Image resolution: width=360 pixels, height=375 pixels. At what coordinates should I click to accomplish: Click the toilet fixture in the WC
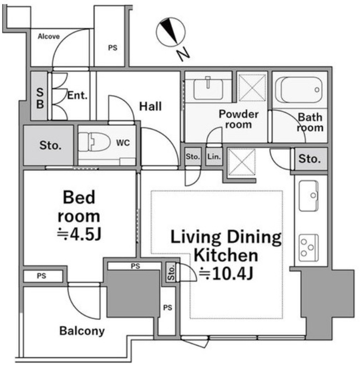click(x=95, y=142)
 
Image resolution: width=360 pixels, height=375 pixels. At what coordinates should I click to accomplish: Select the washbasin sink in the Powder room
click(x=208, y=89)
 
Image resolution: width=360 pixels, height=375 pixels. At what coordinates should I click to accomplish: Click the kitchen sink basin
click(x=309, y=196)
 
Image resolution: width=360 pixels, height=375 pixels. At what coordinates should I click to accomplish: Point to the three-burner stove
click(x=309, y=248)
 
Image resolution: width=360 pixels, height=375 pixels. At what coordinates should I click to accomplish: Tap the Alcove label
click(x=49, y=37)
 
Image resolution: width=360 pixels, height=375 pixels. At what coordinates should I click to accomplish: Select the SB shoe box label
click(x=40, y=98)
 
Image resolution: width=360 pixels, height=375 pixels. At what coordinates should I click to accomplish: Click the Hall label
click(x=150, y=107)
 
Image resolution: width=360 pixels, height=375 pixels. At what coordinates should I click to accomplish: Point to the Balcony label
click(x=82, y=331)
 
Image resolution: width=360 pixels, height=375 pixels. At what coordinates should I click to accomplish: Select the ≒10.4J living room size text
click(x=226, y=273)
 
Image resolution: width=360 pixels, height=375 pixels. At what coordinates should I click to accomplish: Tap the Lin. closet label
click(x=214, y=157)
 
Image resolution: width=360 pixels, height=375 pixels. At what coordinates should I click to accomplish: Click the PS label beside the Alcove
click(x=113, y=48)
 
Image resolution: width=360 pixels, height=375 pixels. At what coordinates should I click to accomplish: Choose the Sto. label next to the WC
click(x=51, y=145)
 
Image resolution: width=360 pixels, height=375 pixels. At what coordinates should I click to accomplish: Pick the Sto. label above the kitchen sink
click(x=309, y=159)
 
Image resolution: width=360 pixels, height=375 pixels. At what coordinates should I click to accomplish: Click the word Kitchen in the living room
click(x=226, y=255)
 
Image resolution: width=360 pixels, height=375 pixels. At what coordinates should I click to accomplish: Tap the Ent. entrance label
click(x=77, y=96)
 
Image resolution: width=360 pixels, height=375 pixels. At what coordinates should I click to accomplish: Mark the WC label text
click(x=123, y=143)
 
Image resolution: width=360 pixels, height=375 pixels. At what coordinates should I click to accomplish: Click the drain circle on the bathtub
click(x=317, y=90)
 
